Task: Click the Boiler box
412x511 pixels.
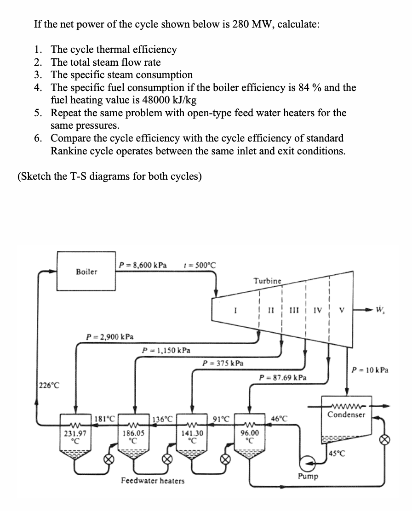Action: click(x=86, y=272)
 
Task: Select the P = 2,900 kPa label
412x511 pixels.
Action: click(x=109, y=337)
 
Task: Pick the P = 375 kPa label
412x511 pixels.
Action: click(x=223, y=363)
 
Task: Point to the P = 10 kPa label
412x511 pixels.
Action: click(x=369, y=369)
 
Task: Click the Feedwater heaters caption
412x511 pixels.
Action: click(x=152, y=481)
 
